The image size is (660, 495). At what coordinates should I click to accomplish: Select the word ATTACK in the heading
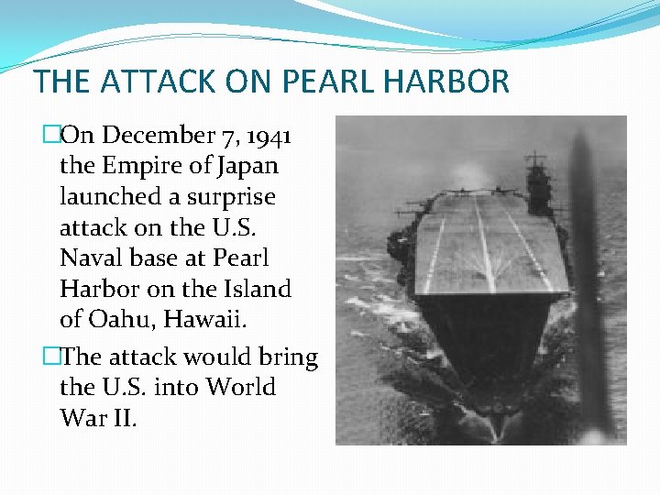156,82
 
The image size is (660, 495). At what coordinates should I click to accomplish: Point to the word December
157,136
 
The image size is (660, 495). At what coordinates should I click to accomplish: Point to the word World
241,387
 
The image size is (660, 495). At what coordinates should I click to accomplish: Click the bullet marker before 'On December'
51,136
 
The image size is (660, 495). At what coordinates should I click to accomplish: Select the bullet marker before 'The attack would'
51,357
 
